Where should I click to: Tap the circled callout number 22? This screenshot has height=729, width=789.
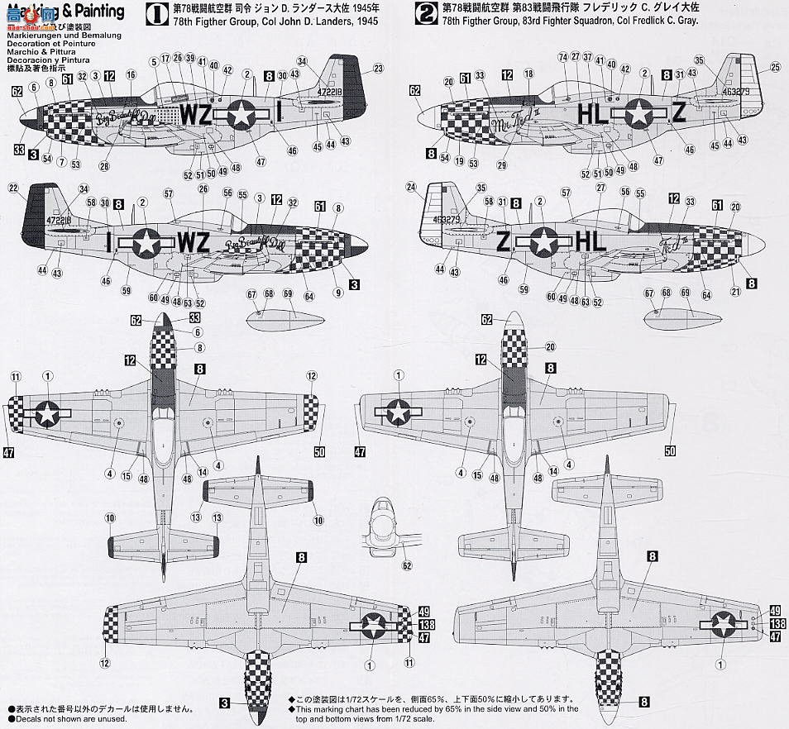coord(12,188)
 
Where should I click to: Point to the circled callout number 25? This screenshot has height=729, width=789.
coord(775,67)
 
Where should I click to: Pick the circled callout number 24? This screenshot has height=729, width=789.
coord(412,188)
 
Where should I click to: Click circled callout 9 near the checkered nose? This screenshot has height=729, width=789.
coord(338,291)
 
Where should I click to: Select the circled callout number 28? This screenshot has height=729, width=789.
coord(104,166)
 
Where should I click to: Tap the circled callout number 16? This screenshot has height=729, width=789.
coord(131,75)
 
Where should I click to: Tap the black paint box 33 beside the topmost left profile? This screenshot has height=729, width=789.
coord(18,150)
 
